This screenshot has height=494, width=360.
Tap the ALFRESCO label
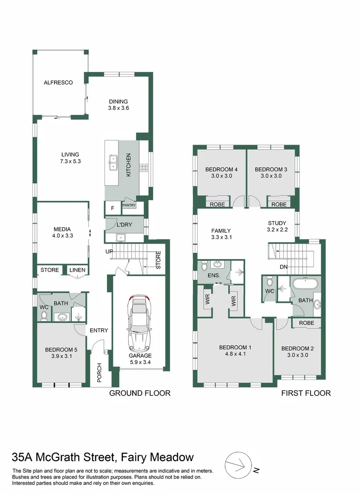58,82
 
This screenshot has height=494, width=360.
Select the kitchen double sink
113,162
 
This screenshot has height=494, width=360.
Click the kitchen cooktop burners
144,167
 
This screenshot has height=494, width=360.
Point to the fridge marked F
113,208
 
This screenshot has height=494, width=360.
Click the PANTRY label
129,205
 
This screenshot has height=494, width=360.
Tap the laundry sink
120,237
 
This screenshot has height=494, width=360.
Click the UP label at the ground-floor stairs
109,252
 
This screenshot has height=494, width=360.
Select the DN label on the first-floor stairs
284,267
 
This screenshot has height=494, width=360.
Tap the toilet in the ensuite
204,267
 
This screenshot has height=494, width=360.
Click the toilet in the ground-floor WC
44,315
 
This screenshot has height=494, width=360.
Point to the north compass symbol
238,466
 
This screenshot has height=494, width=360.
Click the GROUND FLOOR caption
140,393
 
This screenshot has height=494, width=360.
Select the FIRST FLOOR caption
306,393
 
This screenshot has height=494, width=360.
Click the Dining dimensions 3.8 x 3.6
118,108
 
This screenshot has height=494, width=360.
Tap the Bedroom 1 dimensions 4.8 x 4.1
235,354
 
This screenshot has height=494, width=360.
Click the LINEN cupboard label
77,270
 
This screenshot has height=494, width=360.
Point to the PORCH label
100,373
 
